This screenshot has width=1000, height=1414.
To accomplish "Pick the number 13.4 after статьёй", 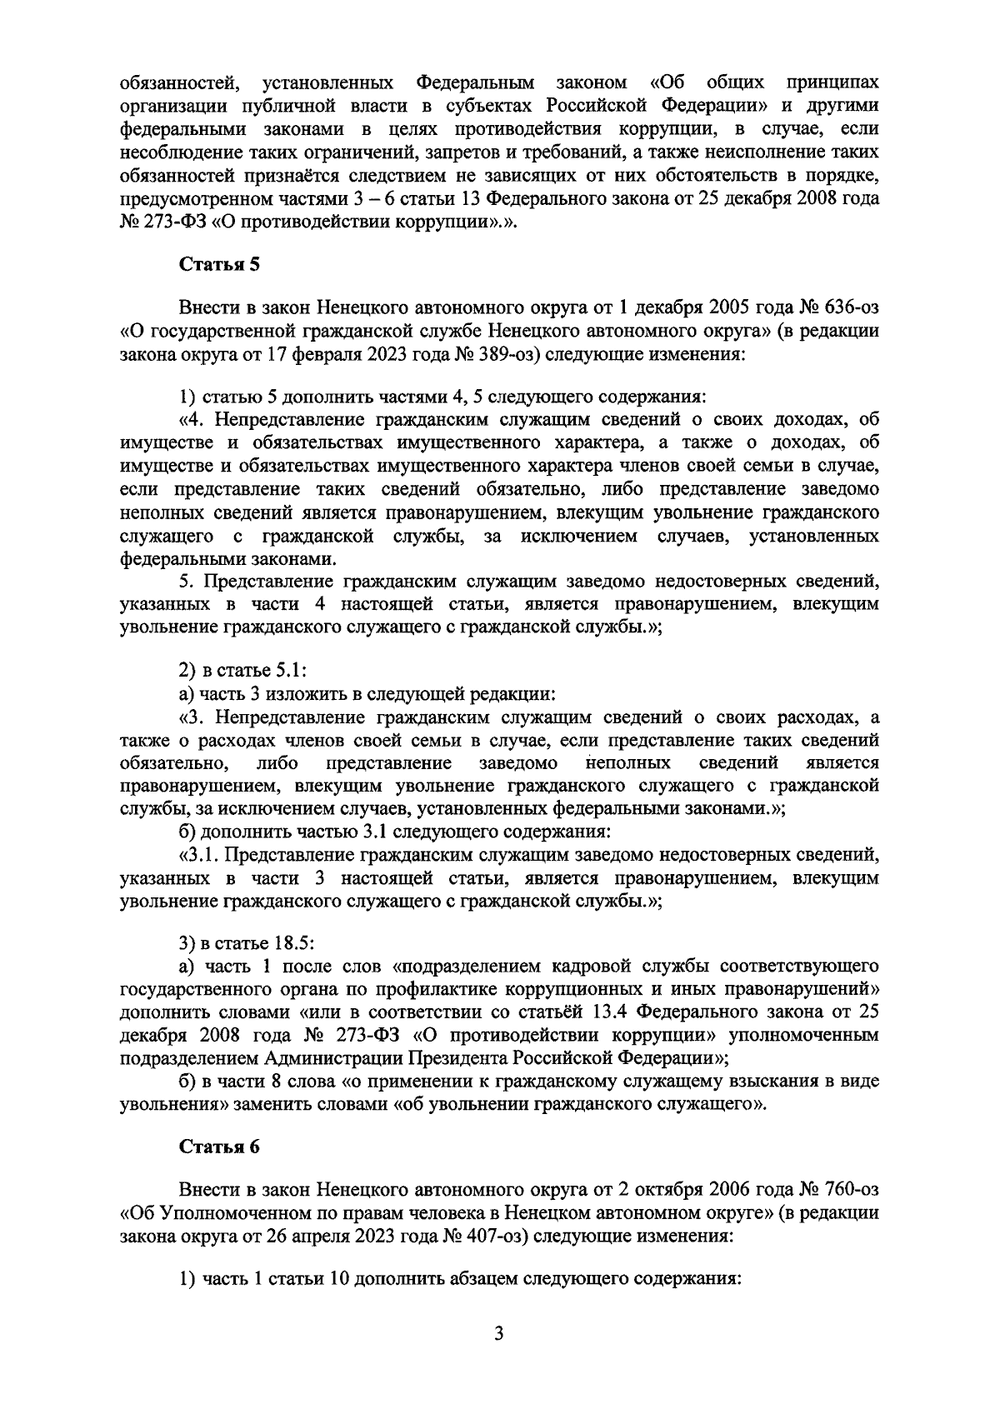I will pyautogui.click(x=619, y=1012).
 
